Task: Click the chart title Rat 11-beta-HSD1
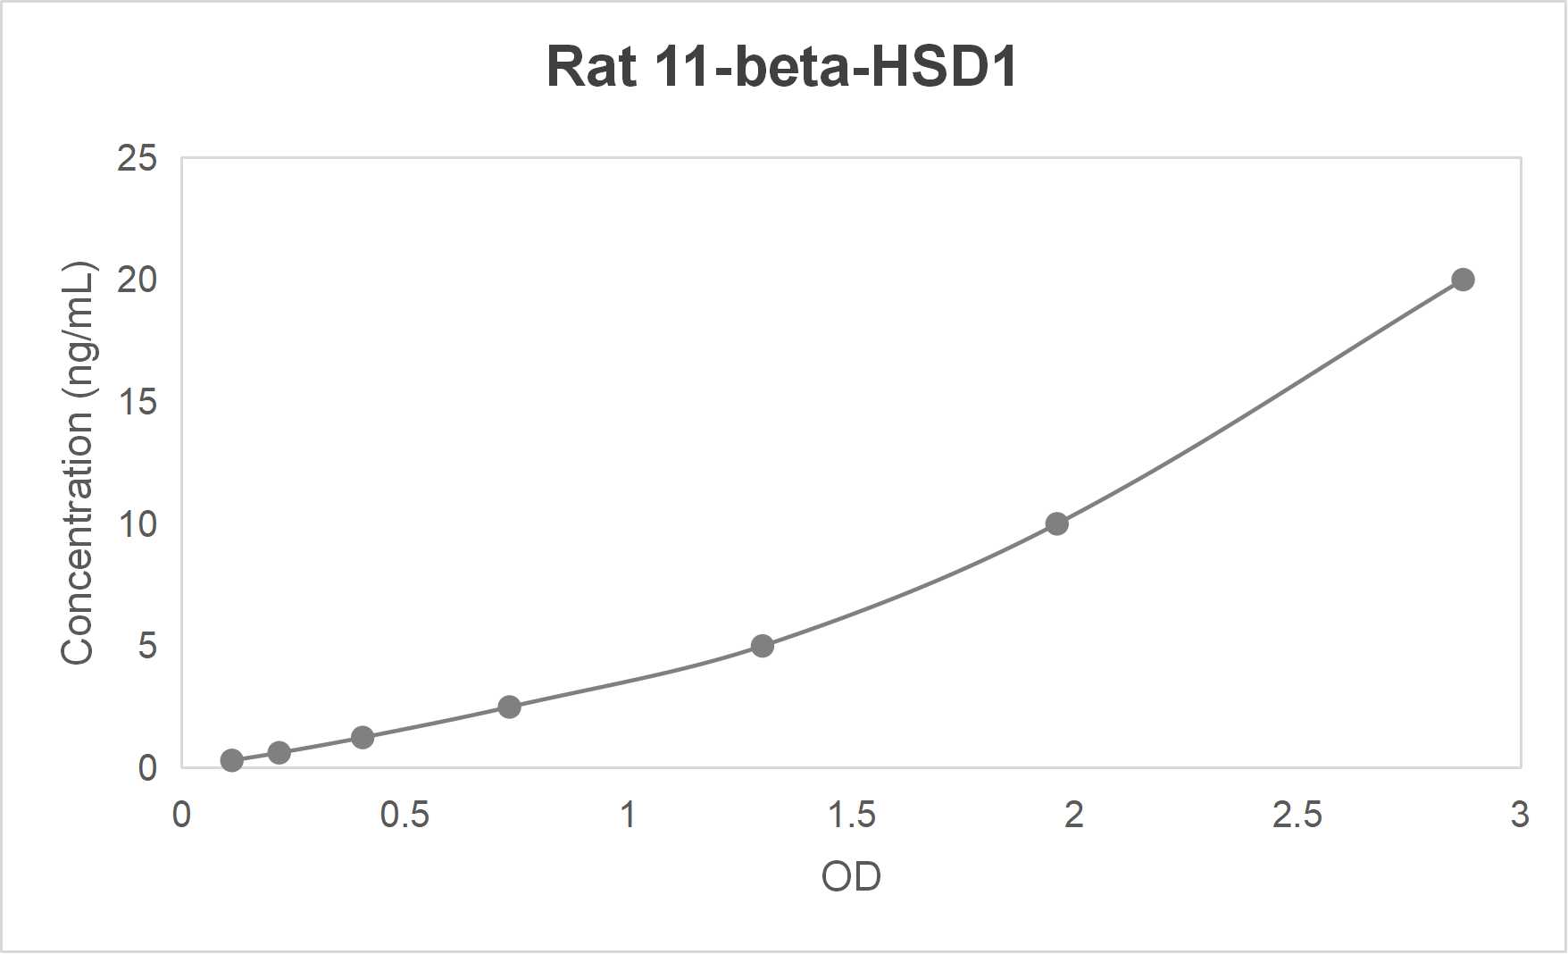click(781, 67)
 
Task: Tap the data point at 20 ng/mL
click(1463, 280)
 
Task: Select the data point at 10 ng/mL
click(1056, 523)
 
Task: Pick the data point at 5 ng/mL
click(762, 646)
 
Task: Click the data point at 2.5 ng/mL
click(509, 707)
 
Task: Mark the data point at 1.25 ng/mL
click(363, 737)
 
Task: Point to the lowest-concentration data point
click(231, 760)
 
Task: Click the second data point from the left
click(279, 752)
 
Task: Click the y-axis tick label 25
click(137, 159)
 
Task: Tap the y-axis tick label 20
click(137, 280)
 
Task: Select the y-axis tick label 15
click(137, 403)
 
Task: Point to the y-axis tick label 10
click(137, 524)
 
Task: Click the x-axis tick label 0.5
click(405, 815)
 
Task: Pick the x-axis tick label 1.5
click(851, 815)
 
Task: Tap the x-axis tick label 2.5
click(1297, 815)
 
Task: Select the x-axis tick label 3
click(1520, 815)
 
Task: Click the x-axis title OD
click(851, 877)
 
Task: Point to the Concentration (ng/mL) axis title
click(78, 463)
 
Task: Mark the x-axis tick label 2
click(1074, 815)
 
